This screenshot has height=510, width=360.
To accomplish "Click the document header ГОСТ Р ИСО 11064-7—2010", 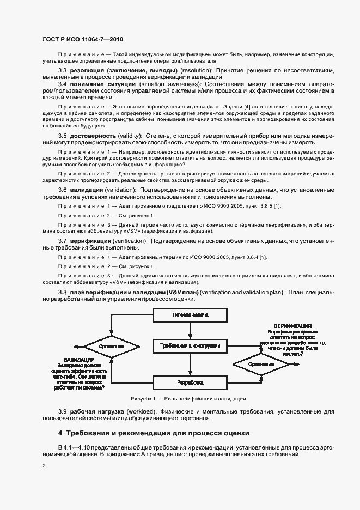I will coord(79,39).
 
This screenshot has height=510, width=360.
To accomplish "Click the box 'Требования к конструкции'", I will coord(190,346).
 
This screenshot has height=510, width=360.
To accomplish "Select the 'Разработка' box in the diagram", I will coord(190,383).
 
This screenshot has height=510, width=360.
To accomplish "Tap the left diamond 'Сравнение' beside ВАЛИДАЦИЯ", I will coord(112,346).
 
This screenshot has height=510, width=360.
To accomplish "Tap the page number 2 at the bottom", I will coord(45,466).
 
